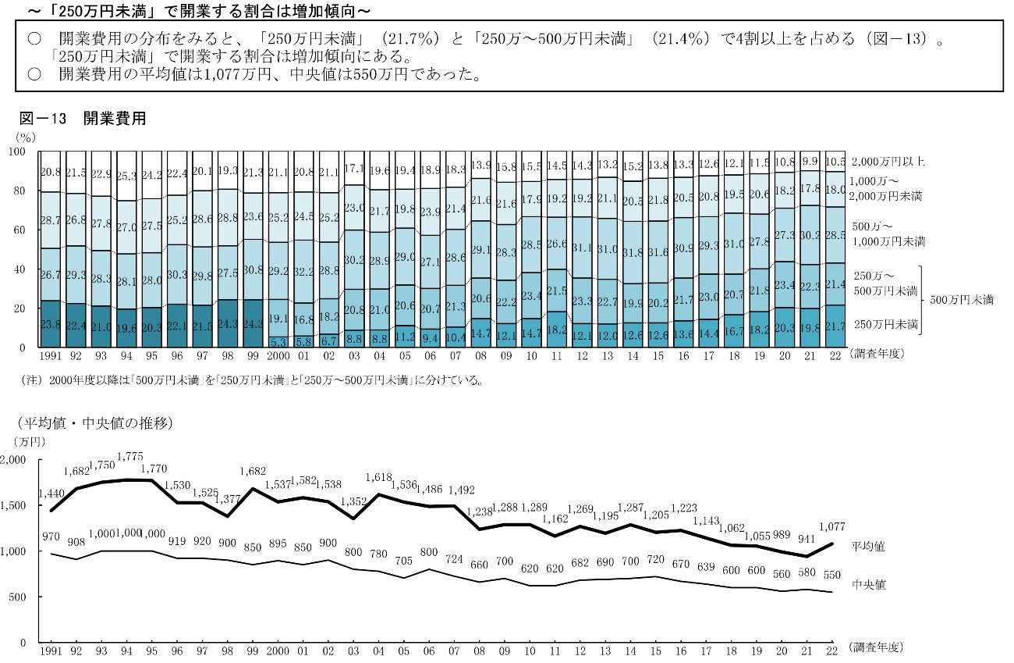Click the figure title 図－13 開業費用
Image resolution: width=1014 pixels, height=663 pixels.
[83, 119]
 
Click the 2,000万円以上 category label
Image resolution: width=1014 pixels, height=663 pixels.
[887, 162]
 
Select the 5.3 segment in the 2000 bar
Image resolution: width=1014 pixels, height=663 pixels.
[279, 341]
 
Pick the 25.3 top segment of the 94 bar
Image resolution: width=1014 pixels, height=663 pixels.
[127, 176]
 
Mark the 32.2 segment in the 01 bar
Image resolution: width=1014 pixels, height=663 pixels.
[304, 272]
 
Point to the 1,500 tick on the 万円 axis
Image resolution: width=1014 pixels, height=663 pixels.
[15, 505]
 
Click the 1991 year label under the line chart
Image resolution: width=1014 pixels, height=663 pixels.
[50, 650]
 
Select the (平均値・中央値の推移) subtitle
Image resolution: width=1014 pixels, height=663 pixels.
[93, 425]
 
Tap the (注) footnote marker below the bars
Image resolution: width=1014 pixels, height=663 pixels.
[33, 382]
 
